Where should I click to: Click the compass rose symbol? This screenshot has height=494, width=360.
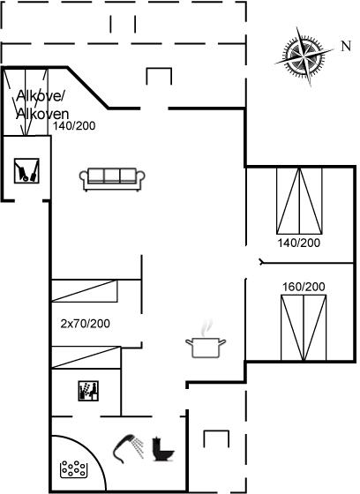coord(304,56)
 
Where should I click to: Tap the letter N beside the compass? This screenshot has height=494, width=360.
coord(346,46)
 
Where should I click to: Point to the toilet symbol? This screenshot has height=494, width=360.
coord(162,449)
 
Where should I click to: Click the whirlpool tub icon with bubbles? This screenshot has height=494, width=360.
coord(73,469)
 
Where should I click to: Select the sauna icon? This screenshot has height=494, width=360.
coord(88,391)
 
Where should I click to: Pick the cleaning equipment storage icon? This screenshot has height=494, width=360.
coord(26,171)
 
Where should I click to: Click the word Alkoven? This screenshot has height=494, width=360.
coord(42,114)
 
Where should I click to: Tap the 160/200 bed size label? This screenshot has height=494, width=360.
coord(304,287)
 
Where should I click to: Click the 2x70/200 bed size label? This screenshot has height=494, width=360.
coord(85,324)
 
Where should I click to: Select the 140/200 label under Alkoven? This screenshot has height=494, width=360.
coord(74,126)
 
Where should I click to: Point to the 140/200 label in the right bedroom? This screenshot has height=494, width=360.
coord(298,243)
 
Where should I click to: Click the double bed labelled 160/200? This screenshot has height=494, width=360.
coord(304,327)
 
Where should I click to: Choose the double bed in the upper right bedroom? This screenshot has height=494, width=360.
coord(299,201)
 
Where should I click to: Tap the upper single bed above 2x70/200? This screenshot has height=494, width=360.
coord(85,291)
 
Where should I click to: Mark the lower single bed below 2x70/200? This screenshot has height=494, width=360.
coord(86,357)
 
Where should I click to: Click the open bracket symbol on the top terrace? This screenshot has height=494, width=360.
coord(159,76)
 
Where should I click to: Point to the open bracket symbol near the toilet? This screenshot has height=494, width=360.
coord(216,438)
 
